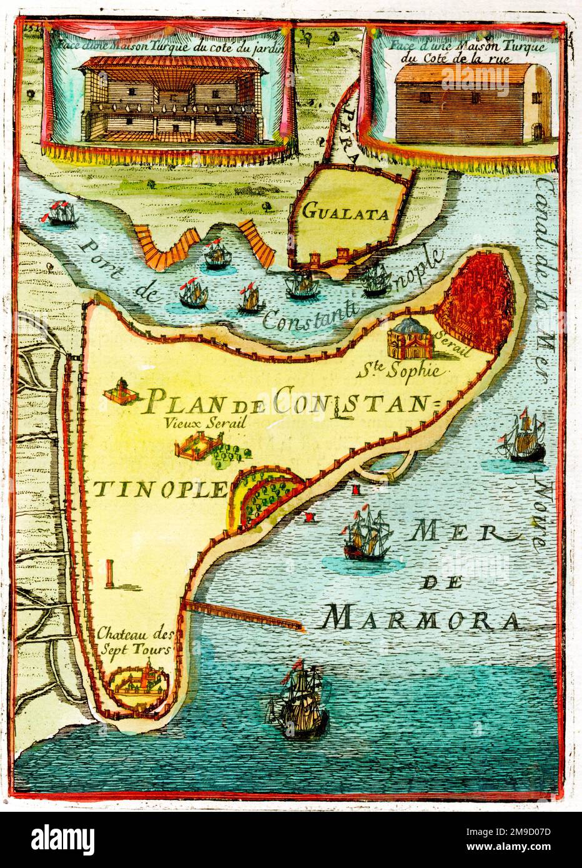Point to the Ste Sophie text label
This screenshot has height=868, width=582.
coord(402,372)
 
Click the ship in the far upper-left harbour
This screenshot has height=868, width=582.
coord(60,212)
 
